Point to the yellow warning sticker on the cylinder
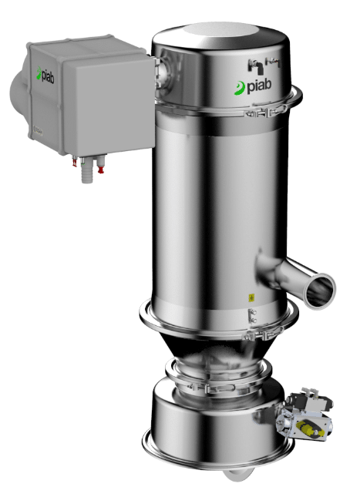tap(249, 297)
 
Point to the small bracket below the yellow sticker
tap(250, 315)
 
